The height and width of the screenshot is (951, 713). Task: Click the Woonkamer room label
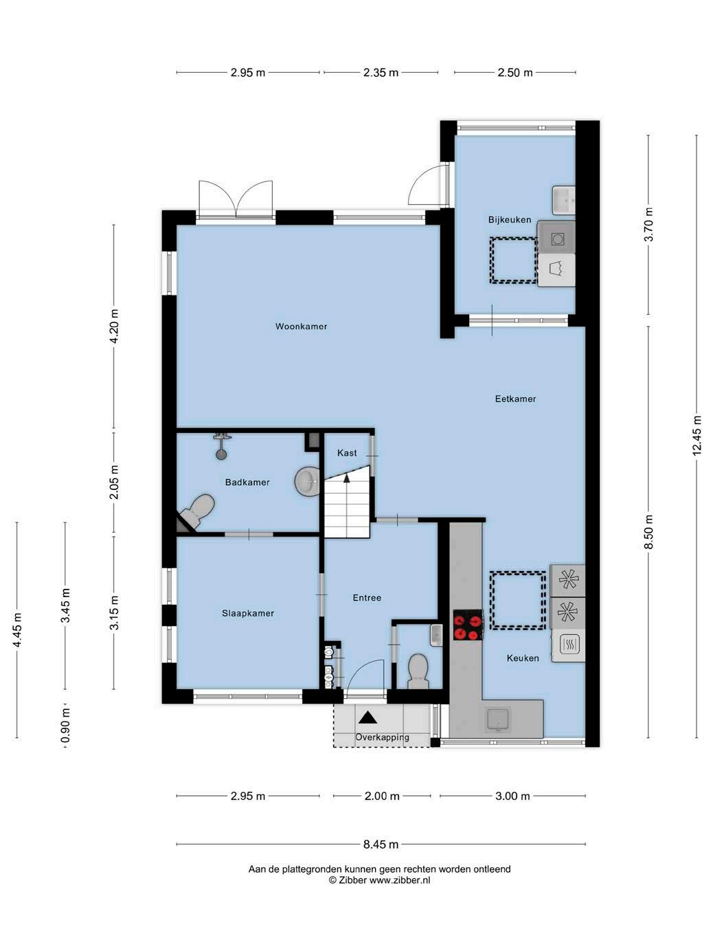point(301,326)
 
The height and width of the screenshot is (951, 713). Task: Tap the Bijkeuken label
point(510,220)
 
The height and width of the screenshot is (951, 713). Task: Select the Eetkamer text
point(515,399)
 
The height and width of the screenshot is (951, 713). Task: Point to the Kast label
point(347,453)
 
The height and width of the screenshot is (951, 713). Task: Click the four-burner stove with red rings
point(468,625)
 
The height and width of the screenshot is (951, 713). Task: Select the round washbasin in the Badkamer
point(307,482)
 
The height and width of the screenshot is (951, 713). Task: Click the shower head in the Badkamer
point(222,446)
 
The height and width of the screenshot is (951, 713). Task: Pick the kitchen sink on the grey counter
point(498,719)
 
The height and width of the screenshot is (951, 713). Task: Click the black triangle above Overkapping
point(367,717)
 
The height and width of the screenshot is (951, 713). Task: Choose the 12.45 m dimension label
point(697,435)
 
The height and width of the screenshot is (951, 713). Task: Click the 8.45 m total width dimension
point(381,844)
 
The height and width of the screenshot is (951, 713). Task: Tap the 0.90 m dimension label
point(65,725)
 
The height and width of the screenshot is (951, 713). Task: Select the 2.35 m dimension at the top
point(381,72)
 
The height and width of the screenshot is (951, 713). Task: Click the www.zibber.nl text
point(399,880)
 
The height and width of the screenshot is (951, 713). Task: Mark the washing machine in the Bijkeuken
point(556,238)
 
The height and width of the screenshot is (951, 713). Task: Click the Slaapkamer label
point(247,613)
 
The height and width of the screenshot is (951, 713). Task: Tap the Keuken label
point(523,658)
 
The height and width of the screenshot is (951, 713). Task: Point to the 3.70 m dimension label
point(648,225)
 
